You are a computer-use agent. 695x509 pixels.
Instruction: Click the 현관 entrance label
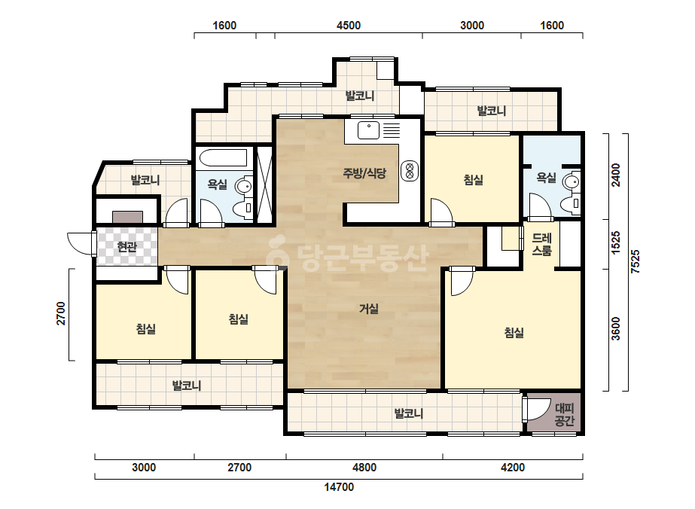point(127,246)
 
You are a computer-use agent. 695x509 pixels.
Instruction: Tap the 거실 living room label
point(369,308)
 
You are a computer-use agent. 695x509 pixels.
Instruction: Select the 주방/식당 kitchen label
point(364,173)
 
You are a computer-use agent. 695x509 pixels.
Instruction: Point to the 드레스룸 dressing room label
point(541,244)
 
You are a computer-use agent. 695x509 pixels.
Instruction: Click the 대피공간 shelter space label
point(565,414)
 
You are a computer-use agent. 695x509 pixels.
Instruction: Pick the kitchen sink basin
point(369,130)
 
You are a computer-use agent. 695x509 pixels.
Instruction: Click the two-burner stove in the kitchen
point(410,171)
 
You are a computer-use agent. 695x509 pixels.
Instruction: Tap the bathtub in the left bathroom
point(224,158)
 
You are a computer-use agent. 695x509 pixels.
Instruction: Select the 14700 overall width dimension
point(339,487)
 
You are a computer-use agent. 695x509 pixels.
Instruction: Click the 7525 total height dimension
point(635,261)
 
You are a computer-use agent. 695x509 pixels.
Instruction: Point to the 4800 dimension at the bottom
point(364,468)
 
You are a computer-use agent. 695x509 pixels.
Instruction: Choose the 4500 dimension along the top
point(349,26)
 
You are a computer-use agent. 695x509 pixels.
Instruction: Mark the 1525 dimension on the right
point(616,243)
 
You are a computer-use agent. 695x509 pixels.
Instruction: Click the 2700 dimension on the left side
point(61,313)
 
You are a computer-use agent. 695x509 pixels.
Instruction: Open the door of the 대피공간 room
point(535,410)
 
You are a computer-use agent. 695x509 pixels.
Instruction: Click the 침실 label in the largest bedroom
point(514,333)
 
